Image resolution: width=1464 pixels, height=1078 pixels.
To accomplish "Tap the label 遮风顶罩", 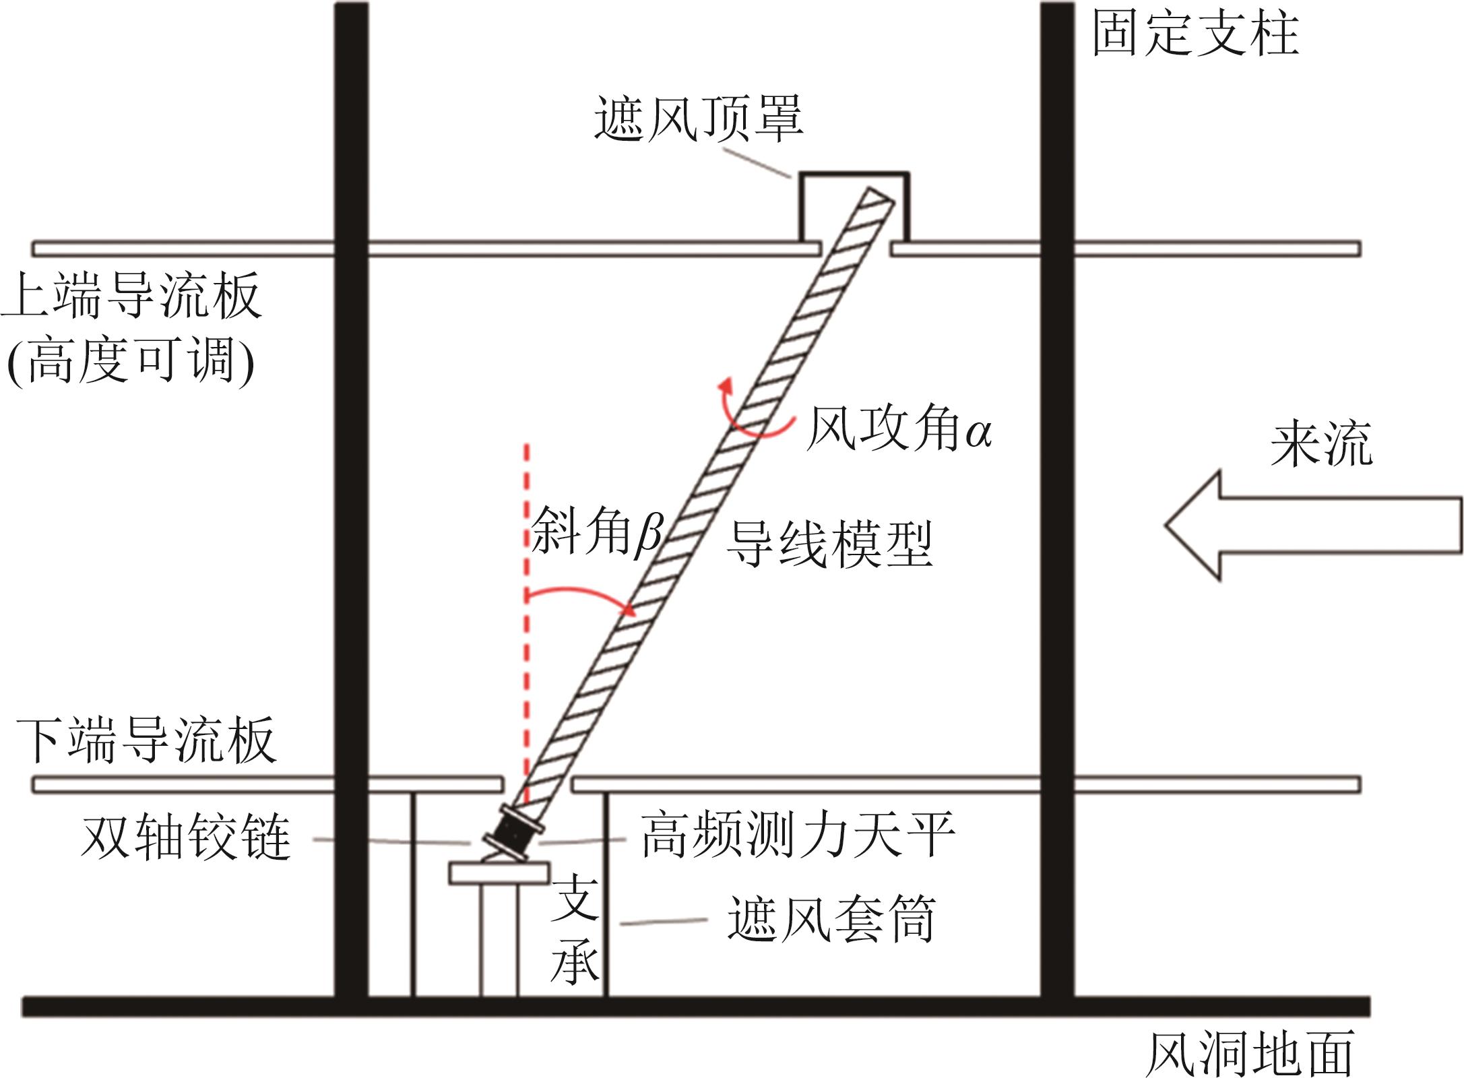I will click(x=699, y=119).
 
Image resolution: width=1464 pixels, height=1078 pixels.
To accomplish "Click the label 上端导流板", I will click(x=131, y=296).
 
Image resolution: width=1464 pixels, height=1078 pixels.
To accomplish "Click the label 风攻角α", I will click(x=899, y=429).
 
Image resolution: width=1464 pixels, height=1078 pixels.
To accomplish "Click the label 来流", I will click(x=1321, y=445).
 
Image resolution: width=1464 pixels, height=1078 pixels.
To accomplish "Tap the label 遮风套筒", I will click(x=831, y=919).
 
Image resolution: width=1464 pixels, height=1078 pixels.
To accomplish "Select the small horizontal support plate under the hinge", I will click(x=499, y=873).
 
